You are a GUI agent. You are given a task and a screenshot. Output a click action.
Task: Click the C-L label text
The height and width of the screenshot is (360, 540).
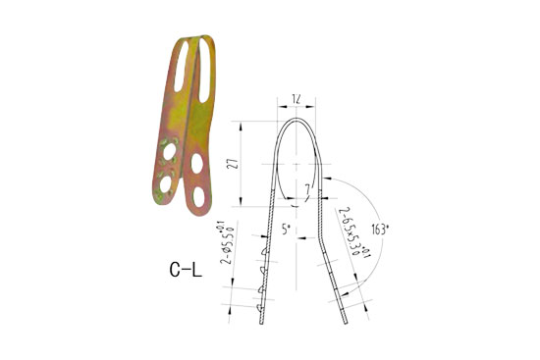click(184, 267)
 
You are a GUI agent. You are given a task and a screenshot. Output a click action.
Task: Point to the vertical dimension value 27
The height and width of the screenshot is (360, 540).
click(232, 163)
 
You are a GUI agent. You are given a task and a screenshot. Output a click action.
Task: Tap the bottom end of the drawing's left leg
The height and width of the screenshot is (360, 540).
click(262, 323)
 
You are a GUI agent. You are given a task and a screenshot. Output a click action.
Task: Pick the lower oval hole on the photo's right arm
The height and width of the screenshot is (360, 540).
click(199, 195)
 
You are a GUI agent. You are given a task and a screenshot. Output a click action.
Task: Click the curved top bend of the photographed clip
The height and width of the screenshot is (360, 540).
click(193, 42)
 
